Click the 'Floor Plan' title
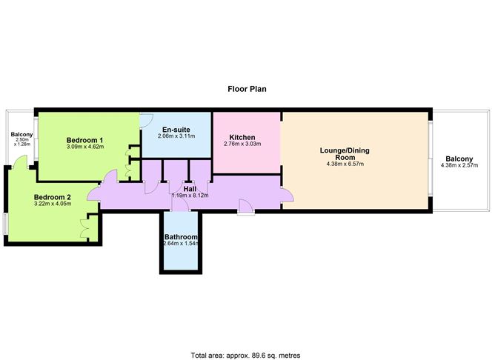[x=247, y=89]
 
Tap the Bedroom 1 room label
[x=84, y=140]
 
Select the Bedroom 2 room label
[x=53, y=197]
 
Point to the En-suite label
[x=176, y=130]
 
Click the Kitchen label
[x=242, y=137]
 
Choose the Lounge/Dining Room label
[x=345, y=153]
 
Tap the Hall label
[x=190, y=189]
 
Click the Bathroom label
[x=181, y=236]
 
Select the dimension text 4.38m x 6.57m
[x=345, y=164]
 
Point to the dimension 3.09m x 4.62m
[x=85, y=147]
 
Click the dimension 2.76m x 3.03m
[x=242, y=144]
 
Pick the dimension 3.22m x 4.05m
[x=53, y=204]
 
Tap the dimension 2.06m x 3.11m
[x=176, y=136]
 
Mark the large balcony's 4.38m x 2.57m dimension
[x=459, y=165]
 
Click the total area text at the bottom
[x=245, y=356]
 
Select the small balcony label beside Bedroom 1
[x=21, y=134]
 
